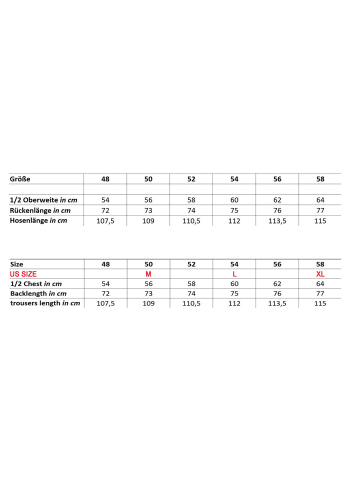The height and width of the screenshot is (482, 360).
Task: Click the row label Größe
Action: pos(20,178)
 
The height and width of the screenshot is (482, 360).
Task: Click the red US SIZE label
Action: pos(23,273)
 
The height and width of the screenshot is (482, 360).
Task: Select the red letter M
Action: pos(148,273)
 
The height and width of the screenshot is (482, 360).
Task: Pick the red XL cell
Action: pos(320,273)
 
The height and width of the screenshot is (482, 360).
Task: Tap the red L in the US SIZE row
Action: pos(234,273)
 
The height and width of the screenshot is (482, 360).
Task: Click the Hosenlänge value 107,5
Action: pos(105,221)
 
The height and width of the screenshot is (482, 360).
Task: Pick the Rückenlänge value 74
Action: pos(191,210)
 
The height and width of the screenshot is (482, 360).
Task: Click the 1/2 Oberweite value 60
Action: pos(234,200)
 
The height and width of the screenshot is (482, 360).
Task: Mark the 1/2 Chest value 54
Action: pos(105,283)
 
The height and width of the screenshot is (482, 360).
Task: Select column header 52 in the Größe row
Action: pos(191,178)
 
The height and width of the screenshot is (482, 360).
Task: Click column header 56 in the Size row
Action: pos(277,262)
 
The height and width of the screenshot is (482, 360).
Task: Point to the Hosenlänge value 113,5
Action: pos(277,221)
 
